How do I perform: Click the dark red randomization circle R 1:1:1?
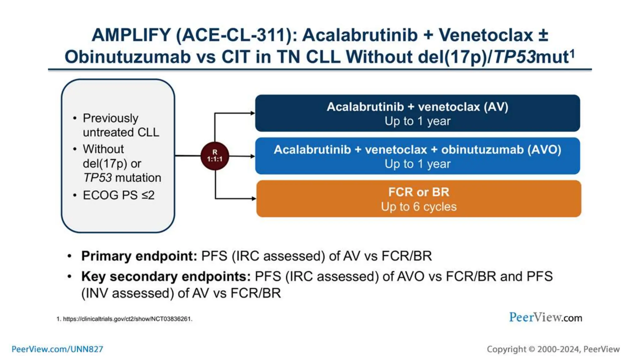click(x=215, y=156)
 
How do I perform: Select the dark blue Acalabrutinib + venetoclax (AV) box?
click(x=417, y=113)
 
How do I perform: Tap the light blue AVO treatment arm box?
click(x=417, y=156)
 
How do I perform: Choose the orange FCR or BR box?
click(x=419, y=199)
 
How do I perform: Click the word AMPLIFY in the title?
click(x=131, y=35)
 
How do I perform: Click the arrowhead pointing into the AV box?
click(x=253, y=113)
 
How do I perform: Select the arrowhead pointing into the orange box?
click(x=254, y=198)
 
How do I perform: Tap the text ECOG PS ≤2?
click(x=118, y=195)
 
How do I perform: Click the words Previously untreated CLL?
click(x=120, y=125)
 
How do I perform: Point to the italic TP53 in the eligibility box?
click(x=97, y=178)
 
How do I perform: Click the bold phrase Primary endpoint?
click(x=139, y=256)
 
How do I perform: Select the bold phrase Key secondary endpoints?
click(x=166, y=277)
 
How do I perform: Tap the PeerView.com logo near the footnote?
click(x=545, y=317)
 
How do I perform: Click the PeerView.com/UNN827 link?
click(x=57, y=349)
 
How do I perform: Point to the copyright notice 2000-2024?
click(x=553, y=349)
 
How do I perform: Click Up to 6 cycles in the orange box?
click(x=419, y=207)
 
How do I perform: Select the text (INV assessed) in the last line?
click(x=127, y=293)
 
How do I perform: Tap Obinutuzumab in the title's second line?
click(x=127, y=57)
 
